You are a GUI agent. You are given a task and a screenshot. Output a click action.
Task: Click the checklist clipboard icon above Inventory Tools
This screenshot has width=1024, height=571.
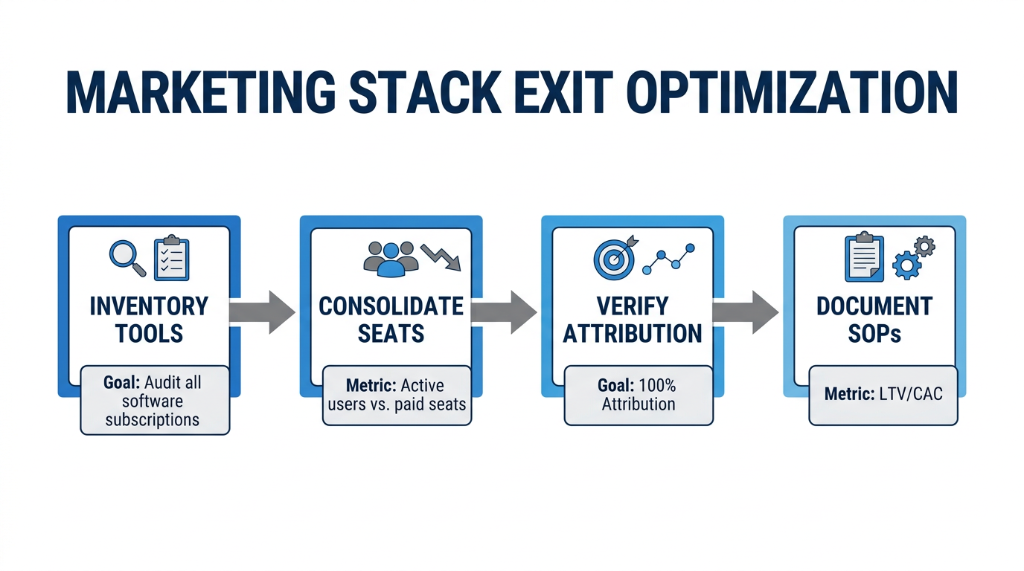(171, 259)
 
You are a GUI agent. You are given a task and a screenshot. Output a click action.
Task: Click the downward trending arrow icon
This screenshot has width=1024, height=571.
(441, 257)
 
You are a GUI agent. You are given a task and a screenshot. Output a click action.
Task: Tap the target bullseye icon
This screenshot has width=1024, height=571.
(613, 257)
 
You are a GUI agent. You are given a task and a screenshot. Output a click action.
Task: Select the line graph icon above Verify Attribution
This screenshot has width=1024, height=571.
(668, 258)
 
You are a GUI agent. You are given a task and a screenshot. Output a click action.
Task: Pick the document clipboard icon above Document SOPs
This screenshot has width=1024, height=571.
(864, 257)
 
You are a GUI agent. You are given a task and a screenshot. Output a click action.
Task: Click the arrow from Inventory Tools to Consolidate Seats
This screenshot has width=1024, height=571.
(261, 312)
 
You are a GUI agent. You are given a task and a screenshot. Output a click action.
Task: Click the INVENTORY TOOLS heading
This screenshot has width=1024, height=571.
(149, 320)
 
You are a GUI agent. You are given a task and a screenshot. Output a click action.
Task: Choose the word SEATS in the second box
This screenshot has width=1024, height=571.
(391, 333)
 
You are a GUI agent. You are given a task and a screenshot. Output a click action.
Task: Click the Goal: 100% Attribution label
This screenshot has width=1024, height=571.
(638, 395)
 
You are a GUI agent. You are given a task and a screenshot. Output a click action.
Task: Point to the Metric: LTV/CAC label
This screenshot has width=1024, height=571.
(883, 393)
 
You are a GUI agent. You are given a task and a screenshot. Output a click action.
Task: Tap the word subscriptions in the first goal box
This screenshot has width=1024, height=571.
(152, 419)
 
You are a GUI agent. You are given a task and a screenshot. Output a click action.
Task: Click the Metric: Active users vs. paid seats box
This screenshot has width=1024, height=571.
(397, 395)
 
